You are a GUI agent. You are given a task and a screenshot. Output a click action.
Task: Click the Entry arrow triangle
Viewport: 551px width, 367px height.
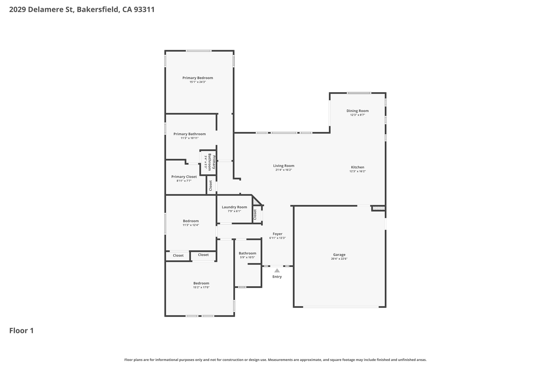pyautogui.click(x=277, y=270)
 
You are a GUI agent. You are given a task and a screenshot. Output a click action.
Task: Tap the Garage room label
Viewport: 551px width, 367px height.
pyautogui.click(x=339, y=255)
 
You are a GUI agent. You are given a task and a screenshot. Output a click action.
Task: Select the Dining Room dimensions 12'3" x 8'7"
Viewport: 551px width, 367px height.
pyautogui.click(x=358, y=115)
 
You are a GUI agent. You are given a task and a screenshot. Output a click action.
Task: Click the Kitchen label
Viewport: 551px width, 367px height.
pyautogui.click(x=358, y=167)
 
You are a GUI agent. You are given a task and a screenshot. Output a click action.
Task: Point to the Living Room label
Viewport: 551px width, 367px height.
pyautogui.click(x=284, y=166)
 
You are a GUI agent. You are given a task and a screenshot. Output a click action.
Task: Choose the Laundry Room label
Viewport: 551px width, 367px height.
pyautogui.click(x=234, y=207)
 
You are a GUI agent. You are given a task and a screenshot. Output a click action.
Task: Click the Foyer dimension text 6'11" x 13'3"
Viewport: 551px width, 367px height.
pyautogui.click(x=277, y=238)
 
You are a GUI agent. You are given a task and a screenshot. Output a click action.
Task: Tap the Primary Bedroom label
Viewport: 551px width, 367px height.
pyautogui.click(x=198, y=78)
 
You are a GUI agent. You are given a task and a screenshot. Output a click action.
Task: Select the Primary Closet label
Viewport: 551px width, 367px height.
pyautogui.click(x=184, y=177)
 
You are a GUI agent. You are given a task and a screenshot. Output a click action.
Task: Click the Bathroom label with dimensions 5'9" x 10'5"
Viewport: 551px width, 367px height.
pyautogui.click(x=248, y=253)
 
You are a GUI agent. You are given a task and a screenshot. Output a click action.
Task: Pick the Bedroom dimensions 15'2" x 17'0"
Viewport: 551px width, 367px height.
pyautogui.click(x=201, y=287)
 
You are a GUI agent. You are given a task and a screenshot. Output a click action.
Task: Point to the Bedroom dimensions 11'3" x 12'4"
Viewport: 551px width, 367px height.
pyautogui.click(x=191, y=225)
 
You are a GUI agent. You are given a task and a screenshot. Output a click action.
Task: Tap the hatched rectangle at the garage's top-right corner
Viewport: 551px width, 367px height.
pyautogui.click(x=379, y=208)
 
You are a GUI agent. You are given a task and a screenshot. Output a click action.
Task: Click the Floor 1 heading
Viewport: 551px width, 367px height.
pyautogui.click(x=22, y=331)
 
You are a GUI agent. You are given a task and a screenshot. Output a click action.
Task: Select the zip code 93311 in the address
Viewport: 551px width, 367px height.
pyautogui.click(x=144, y=10)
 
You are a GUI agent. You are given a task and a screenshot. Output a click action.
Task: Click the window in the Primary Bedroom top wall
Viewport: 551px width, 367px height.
pyautogui.click(x=199, y=51)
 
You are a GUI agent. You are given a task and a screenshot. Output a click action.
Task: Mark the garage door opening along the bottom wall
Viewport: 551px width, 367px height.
pyautogui.click(x=341, y=307)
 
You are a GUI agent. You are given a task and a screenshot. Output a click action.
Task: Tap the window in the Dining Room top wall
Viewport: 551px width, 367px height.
pyautogui.click(x=359, y=93)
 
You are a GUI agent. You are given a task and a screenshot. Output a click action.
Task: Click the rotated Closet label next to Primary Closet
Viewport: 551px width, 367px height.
pyautogui.click(x=211, y=186)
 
